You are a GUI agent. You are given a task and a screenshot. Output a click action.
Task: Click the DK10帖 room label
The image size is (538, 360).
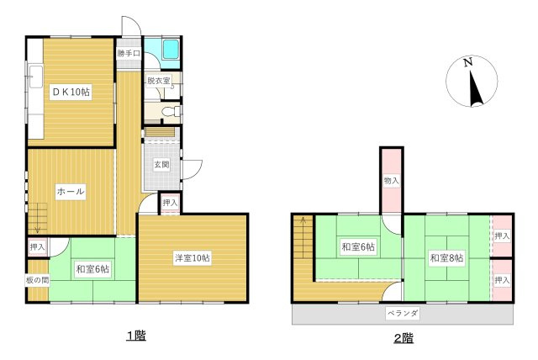71,92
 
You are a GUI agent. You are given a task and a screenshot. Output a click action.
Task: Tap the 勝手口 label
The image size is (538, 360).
129,54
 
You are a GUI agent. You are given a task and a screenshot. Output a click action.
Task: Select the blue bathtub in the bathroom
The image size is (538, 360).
171,49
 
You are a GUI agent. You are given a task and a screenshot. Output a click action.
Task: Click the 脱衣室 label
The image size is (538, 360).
159,81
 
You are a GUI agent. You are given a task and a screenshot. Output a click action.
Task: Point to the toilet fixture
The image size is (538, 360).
171,112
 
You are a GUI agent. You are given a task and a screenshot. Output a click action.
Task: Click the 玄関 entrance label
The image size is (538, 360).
161,165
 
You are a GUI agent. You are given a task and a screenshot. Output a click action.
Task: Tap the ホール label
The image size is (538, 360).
71,191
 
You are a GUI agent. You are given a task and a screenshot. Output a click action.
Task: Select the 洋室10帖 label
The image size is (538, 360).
193,257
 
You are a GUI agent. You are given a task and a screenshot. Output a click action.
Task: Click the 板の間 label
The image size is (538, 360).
37,280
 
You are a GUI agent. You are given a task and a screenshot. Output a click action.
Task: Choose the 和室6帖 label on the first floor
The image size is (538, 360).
92,269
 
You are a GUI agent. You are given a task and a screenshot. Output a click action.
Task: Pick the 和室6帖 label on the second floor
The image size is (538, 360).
358,246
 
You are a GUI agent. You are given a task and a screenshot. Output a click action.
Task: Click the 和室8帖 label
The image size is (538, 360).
447,257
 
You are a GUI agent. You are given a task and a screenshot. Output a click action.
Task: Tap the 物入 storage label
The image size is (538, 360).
392,181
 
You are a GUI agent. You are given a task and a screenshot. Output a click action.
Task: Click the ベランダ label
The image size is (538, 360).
403,313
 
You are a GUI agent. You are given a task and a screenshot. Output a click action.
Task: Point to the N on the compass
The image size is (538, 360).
467,62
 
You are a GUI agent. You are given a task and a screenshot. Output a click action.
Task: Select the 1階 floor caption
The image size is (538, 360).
136,336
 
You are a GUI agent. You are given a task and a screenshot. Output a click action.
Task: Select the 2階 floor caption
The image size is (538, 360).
403,338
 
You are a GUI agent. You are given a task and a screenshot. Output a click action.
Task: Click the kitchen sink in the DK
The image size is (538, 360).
35,77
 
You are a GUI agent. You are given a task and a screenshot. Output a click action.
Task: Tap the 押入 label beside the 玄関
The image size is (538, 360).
170,203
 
